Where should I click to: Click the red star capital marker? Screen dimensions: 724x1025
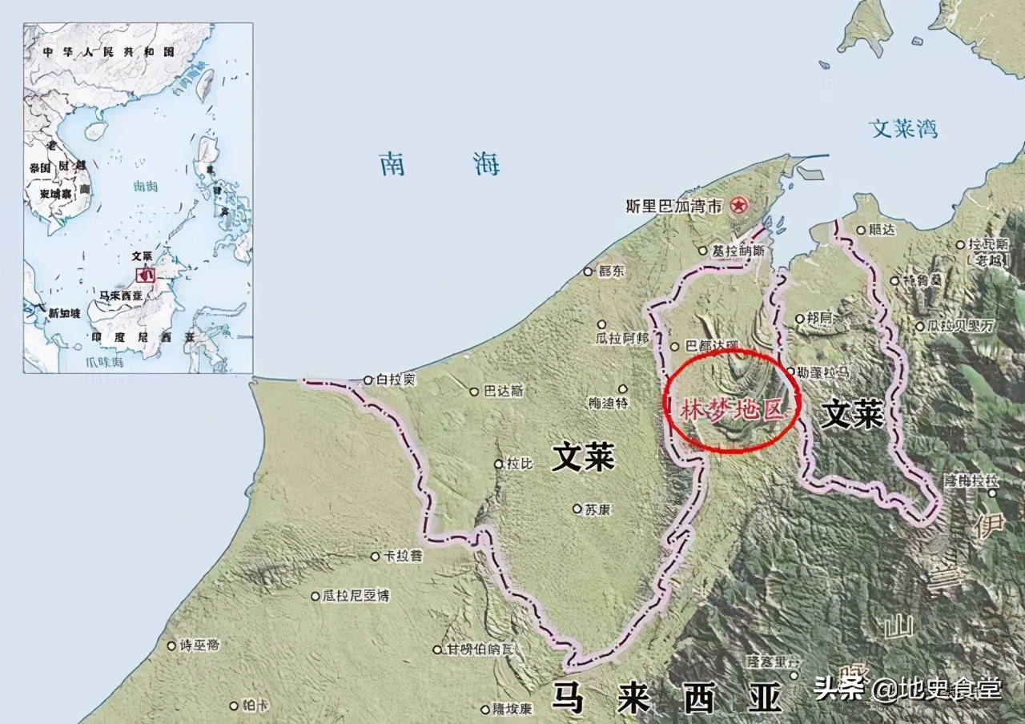coord(738,206)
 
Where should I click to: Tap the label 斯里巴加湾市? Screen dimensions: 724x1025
coord(675,206)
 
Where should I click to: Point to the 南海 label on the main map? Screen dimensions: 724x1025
coord(440,164)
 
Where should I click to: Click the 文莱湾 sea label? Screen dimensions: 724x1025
coord(903,128)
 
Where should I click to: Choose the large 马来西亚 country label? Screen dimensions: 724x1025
coord(667,698)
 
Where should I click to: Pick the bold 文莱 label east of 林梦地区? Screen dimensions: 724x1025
coord(853,414)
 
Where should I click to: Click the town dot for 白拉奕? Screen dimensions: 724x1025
coord(368,380)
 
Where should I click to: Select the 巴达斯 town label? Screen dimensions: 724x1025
coord(503,392)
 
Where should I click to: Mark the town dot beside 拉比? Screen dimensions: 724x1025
coord(499,464)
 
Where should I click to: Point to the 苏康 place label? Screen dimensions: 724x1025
coord(597,509)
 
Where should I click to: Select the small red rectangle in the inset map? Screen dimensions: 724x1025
coord(145,273)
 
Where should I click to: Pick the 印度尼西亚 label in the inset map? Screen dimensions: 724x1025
coord(142,337)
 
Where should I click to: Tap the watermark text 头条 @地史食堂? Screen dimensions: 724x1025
coord(907,688)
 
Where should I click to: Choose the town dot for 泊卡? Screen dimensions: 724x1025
coord(234,706)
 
